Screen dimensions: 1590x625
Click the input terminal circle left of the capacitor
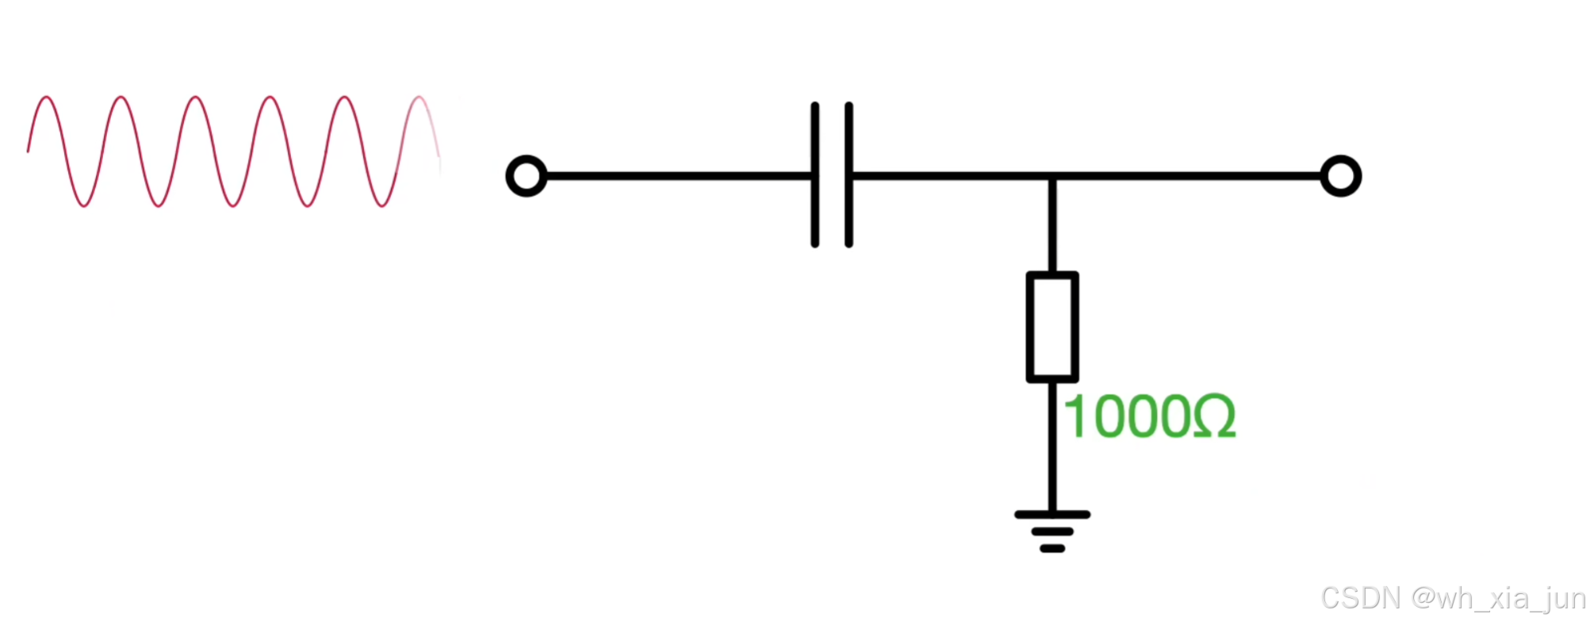[x=527, y=176]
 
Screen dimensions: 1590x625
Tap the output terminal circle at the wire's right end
[x=1340, y=176]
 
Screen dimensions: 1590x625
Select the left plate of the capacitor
[x=814, y=174]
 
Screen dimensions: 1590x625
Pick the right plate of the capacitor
[x=849, y=174]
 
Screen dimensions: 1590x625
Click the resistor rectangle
[x=1052, y=327]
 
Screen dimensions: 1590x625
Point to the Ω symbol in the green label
[x=1214, y=417]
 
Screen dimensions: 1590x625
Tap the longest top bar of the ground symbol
[x=1052, y=515]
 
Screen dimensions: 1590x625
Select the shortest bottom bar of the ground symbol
[x=1052, y=549]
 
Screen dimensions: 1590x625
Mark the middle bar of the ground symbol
[x=1052, y=531]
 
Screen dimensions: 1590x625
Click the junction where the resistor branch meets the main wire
[x=1052, y=176]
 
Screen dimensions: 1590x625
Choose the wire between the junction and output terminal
[x=1190, y=176]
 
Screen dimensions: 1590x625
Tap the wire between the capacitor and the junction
[x=952, y=176]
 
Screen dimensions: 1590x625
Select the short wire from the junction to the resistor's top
[x=1052, y=226]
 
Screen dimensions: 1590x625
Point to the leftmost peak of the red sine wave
[x=47, y=98]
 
